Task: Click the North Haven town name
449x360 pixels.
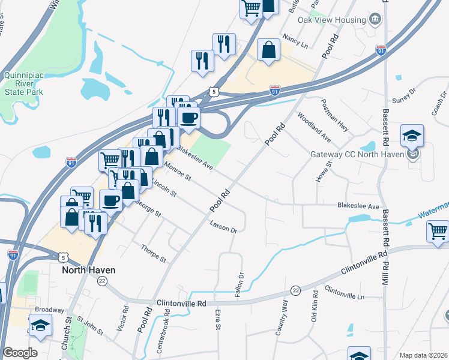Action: click(89, 270)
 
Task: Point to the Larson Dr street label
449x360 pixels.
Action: click(224, 227)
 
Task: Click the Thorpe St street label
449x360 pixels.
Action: click(153, 254)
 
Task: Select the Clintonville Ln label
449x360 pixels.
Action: click(344, 293)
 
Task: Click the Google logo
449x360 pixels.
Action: click(20, 353)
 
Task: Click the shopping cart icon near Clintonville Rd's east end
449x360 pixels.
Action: click(438, 232)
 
